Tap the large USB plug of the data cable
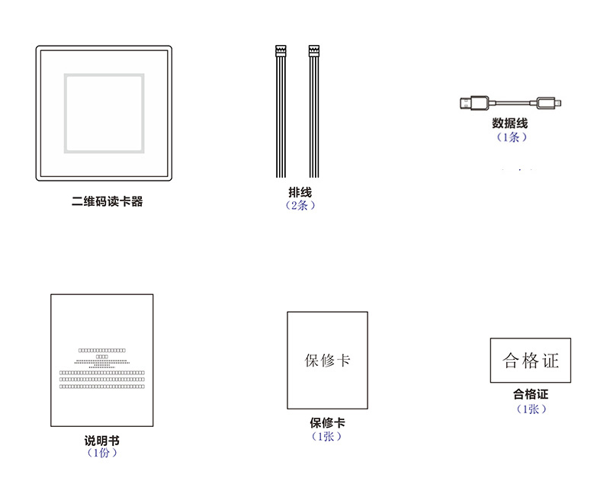474,102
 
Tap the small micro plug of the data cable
548,102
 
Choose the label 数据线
510,124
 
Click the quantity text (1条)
510,137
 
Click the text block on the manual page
102,369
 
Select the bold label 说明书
101,441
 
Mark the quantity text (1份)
101,453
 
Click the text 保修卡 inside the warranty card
327,360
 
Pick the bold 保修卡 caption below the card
327,423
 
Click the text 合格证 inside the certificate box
531,361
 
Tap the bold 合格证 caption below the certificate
531,395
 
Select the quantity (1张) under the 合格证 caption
531,409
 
